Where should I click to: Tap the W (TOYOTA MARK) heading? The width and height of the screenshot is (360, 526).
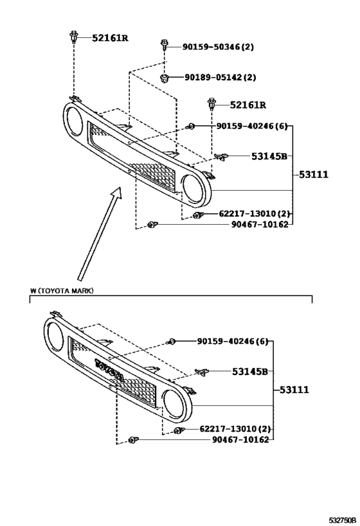[62, 291]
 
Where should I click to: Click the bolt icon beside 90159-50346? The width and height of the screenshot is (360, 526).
[165, 46]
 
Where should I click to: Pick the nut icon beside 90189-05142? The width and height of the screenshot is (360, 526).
[165, 78]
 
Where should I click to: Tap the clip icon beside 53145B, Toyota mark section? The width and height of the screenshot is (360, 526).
[202, 372]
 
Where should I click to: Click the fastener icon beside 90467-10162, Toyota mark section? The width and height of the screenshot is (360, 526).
[134, 440]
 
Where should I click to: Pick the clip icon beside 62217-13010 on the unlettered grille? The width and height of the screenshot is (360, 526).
[199, 215]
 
